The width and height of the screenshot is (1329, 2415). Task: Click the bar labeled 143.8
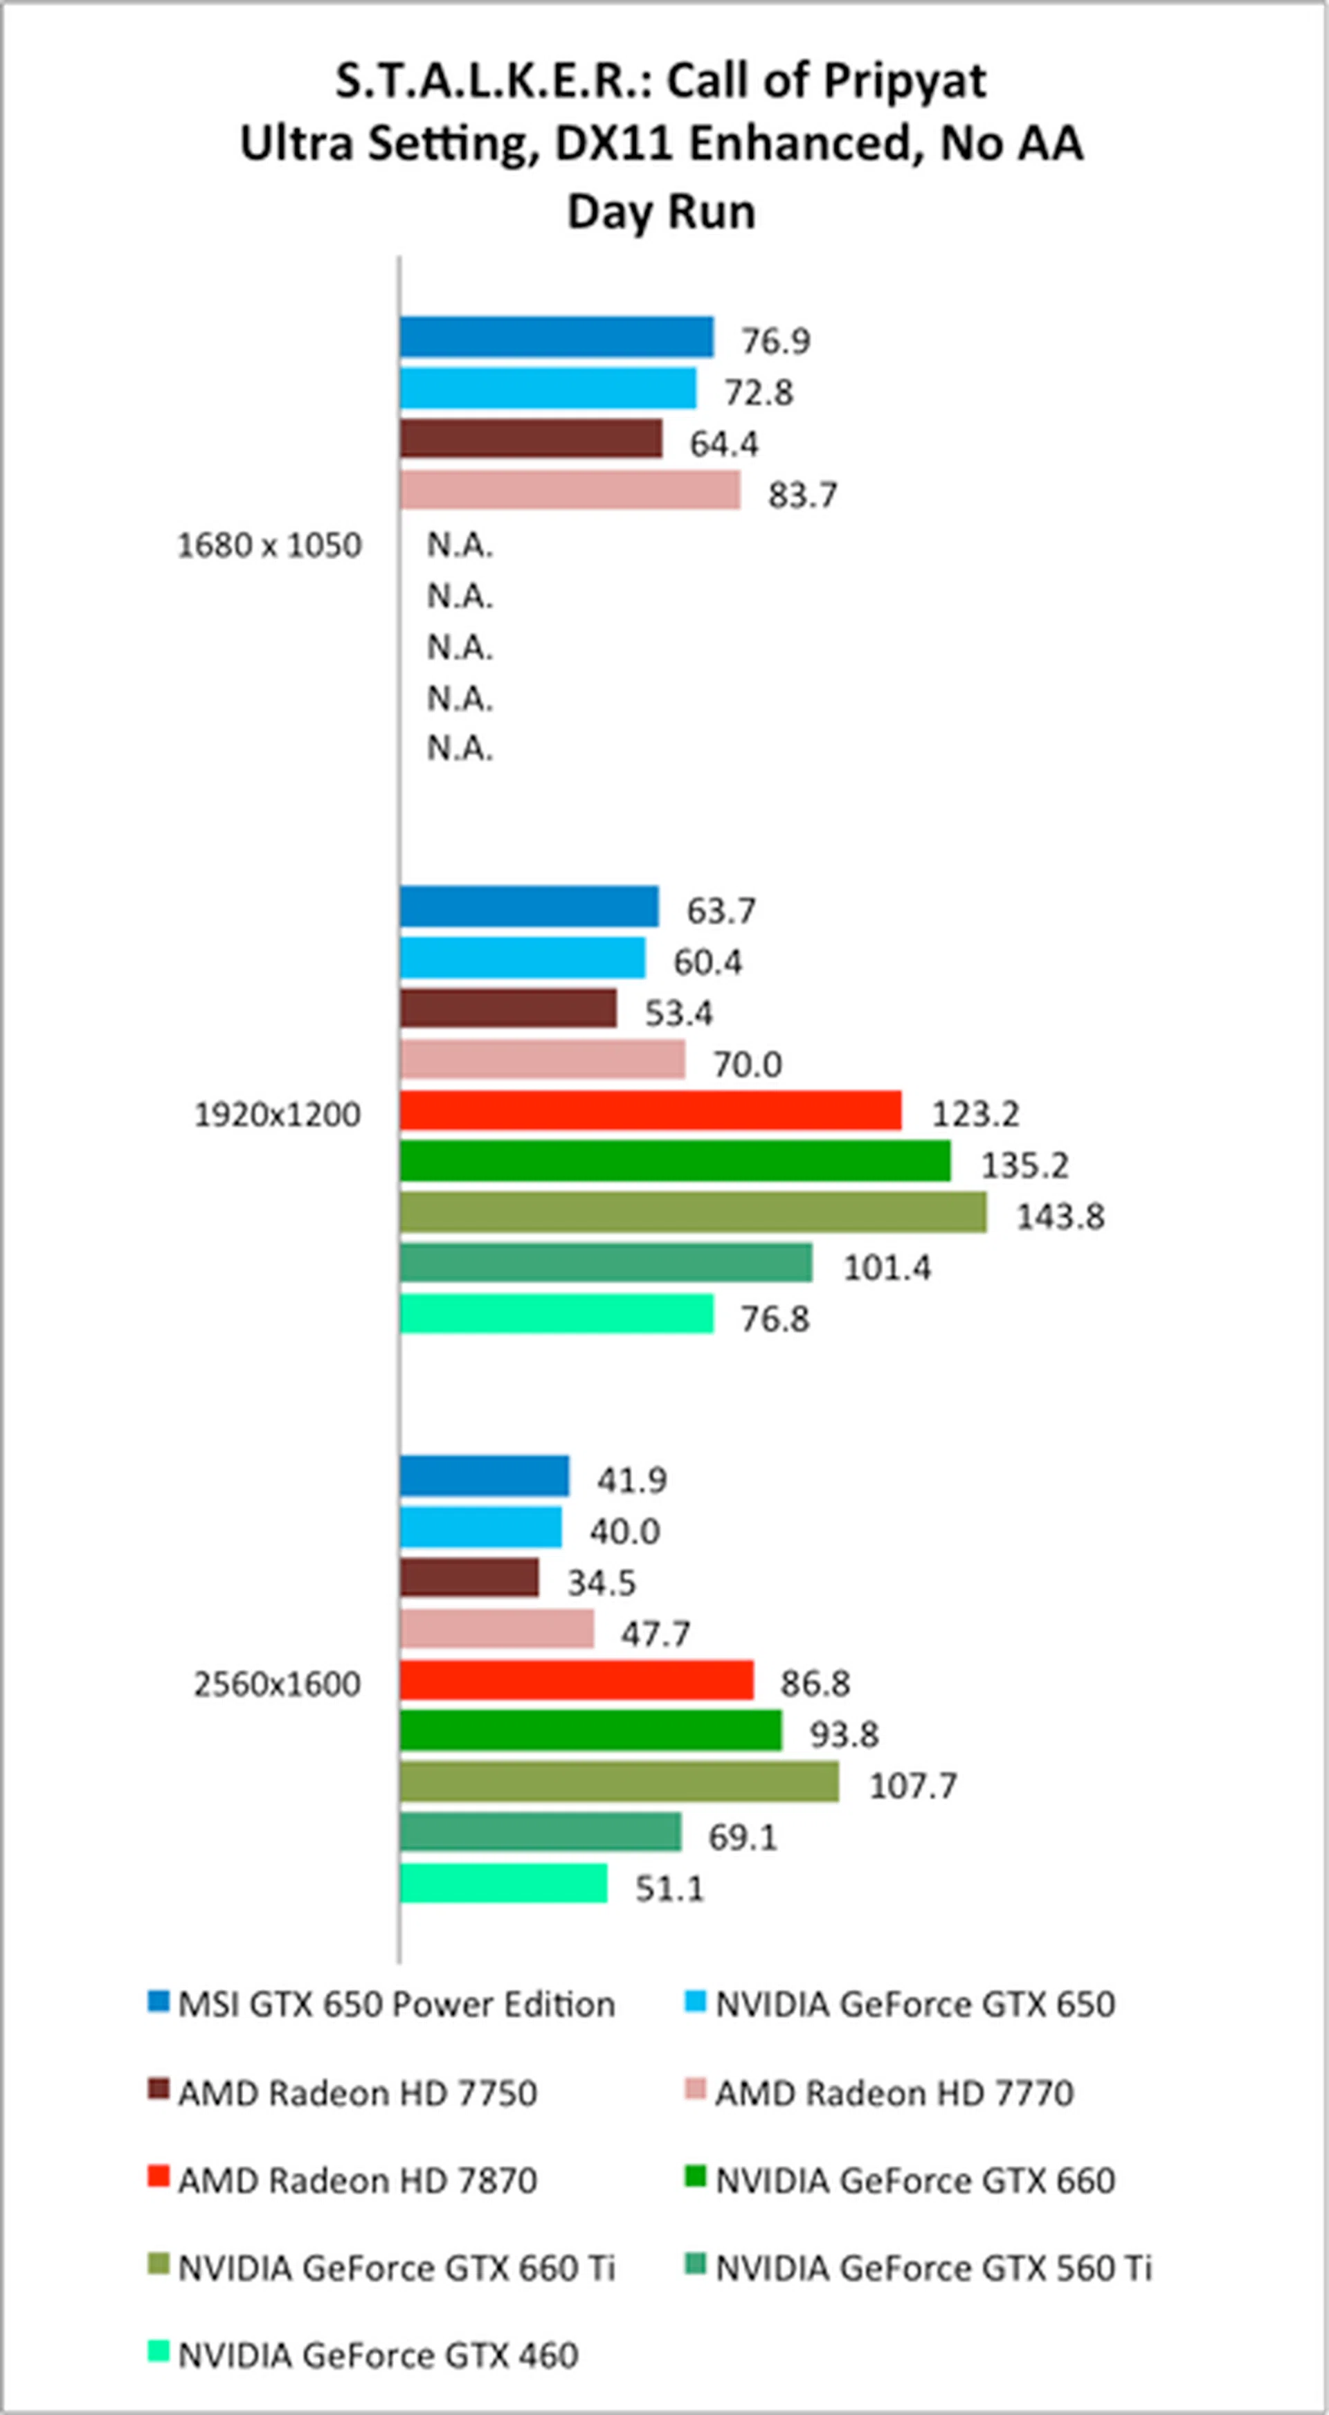[692, 1212]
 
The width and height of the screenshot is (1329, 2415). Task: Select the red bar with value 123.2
[650, 1110]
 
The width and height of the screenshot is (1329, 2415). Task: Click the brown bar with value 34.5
[469, 1577]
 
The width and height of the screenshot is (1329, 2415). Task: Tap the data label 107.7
[912, 1785]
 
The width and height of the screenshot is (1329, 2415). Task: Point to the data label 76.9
[776, 341]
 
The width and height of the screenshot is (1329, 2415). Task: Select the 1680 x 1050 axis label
[269, 545]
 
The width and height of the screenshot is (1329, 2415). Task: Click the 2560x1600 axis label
[277, 1685]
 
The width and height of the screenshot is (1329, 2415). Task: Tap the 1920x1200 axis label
[277, 1115]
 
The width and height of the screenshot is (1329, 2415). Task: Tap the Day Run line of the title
[661, 211]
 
